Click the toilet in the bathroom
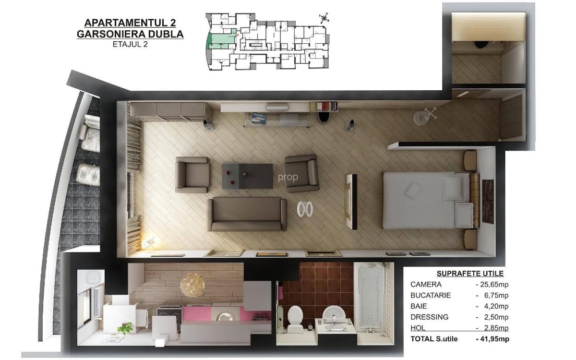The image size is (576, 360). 295,319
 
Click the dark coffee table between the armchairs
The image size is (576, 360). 247,176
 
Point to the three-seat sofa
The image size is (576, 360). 247,214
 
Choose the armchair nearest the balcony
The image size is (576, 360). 192,175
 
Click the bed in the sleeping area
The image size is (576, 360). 428,200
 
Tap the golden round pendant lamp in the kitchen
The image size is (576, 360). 192,285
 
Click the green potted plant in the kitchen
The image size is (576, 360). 125,329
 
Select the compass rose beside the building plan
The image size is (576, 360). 324,18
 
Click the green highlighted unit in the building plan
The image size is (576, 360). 222,40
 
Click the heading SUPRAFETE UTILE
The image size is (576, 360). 470,274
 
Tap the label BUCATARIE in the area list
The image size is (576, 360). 431,296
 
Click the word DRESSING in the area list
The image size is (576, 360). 430,317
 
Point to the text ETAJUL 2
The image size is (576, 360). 130,44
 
